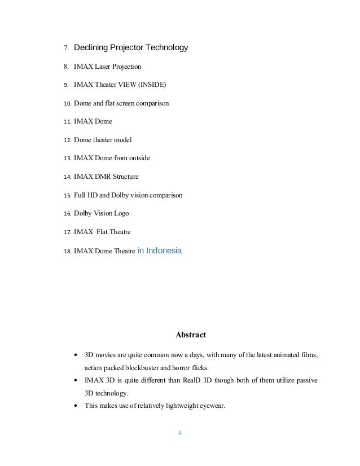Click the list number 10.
[66, 104]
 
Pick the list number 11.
[66, 122]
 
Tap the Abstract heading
[191, 335]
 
